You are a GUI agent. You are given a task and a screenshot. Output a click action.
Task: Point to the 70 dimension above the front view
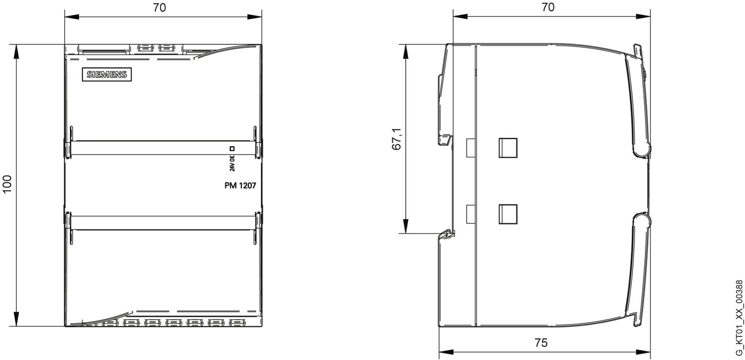(159, 7)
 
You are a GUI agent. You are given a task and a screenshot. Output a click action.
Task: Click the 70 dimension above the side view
(548, 7)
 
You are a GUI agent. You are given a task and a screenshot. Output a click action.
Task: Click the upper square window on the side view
(508, 148)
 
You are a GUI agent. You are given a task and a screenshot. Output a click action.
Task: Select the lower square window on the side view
(508, 214)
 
